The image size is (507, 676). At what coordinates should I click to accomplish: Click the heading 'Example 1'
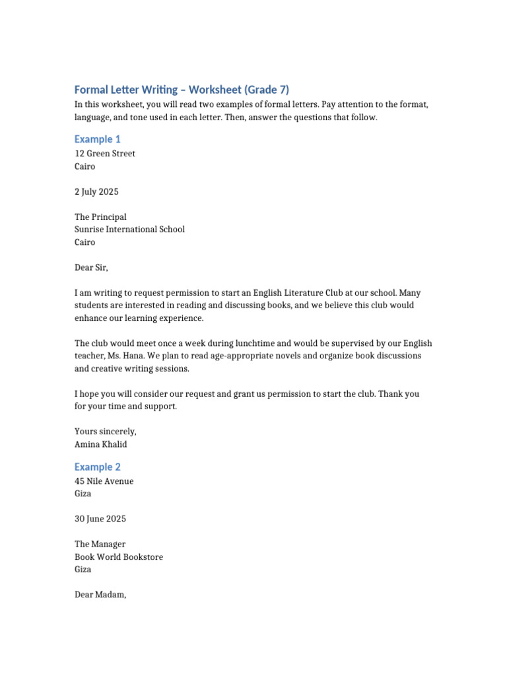click(x=97, y=139)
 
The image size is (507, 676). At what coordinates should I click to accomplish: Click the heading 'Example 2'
click(x=97, y=467)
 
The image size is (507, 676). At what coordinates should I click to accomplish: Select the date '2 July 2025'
click(x=96, y=191)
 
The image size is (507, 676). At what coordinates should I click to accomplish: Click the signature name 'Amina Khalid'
click(x=100, y=444)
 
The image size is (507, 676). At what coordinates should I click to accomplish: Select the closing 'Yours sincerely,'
click(x=105, y=432)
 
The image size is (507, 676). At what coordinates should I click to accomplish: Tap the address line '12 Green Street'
click(x=105, y=154)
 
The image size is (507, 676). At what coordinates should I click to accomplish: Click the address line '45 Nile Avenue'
click(x=104, y=481)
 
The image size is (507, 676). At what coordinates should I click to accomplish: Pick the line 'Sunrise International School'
click(x=129, y=230)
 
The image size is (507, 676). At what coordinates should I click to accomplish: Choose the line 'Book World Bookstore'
click(x=119, y=557)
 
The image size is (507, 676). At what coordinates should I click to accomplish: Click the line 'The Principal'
click(x=100, y=217)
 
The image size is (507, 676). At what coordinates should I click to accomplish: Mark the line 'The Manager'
click(x=100, y=545)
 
